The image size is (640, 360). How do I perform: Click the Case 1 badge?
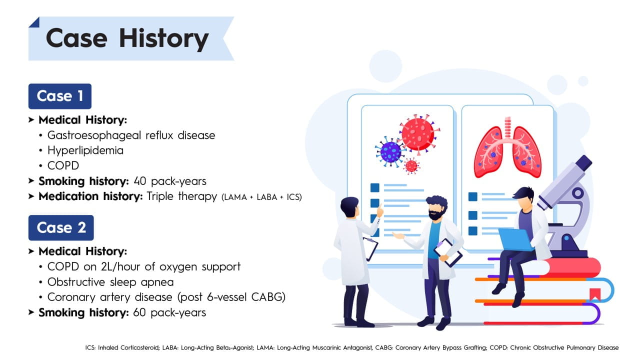(x=60, y=96)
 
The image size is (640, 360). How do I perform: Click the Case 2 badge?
(x=61, y=228)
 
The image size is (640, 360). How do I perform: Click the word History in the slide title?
(x=163, y=38)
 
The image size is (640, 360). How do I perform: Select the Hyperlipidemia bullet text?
(x=85, y=150)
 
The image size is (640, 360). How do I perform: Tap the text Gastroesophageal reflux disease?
(x=131, y=135)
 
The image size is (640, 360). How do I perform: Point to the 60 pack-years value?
(x=169, y=312)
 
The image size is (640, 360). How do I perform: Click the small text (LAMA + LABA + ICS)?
(x=261, y=197)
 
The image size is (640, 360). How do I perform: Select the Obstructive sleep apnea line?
(x=110, y=282)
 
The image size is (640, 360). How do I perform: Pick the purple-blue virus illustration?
(x=390, y=151)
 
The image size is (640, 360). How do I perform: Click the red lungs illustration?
(x=507, y=150)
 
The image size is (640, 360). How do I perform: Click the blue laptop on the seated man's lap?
(x=516, y=239)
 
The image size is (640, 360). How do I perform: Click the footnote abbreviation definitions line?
(x=352, y=347)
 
